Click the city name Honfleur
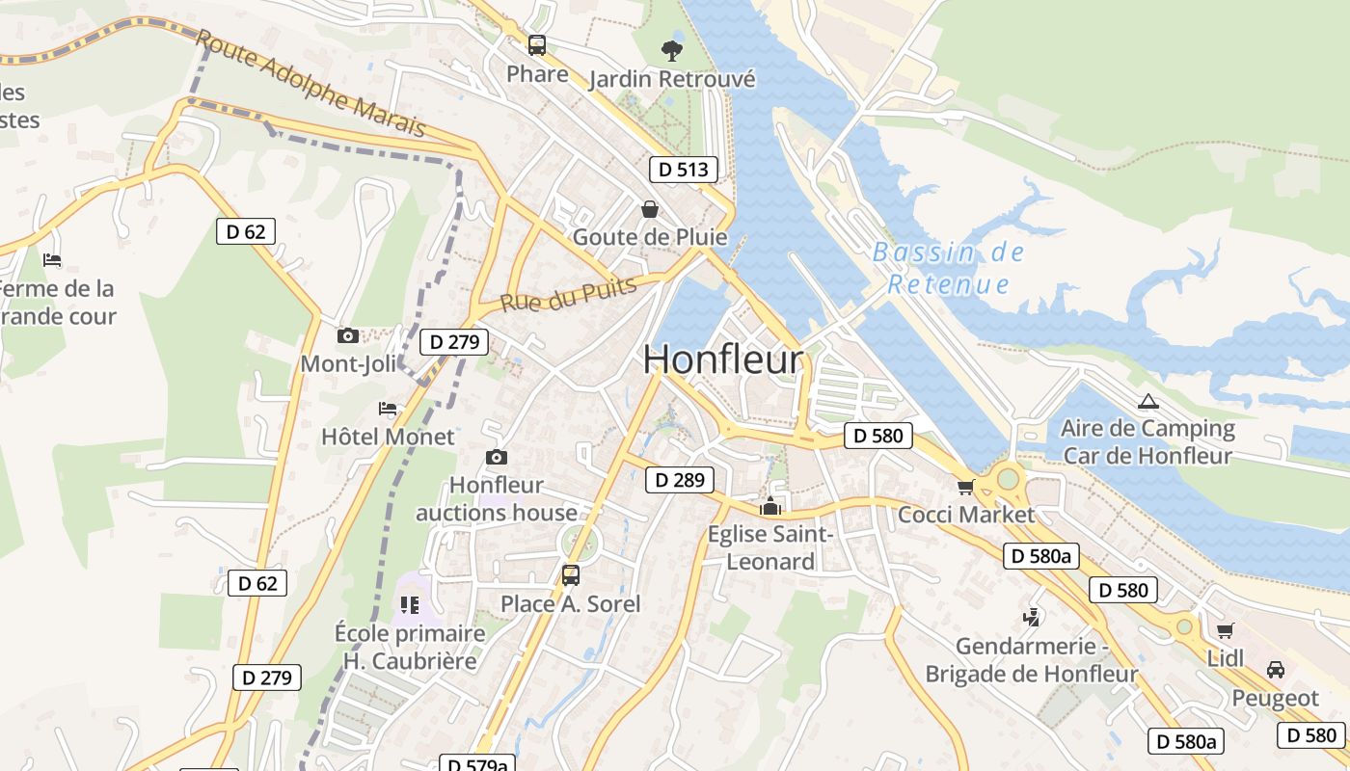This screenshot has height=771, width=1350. pos(722,359)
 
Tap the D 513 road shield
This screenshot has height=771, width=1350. pos(684,170)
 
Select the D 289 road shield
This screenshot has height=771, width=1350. pos(680,479)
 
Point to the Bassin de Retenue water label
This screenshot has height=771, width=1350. pos(948,268)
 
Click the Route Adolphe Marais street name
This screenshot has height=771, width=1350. pos(310,83)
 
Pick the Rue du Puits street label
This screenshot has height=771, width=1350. pos(568,294)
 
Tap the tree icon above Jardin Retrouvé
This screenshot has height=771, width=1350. pos(671,50)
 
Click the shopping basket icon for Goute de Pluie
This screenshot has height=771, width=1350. pos(650,209)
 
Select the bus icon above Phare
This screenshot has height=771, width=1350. pos(537,45)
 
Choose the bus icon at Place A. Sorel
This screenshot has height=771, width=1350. pos(570,575)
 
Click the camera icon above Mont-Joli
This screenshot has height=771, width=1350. pos(348,335)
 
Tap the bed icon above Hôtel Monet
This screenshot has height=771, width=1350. pos(388,409)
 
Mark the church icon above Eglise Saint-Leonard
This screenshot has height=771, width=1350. pos(770,506)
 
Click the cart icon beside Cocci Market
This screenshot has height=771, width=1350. pos(965,487)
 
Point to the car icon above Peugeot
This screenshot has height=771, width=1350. pos(1275,670)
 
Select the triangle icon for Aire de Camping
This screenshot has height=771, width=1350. pos(1147,402)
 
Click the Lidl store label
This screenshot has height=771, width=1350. pos(1226,658)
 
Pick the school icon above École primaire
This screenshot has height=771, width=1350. pos(410,605)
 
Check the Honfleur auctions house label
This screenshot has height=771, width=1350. pos(497,498)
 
